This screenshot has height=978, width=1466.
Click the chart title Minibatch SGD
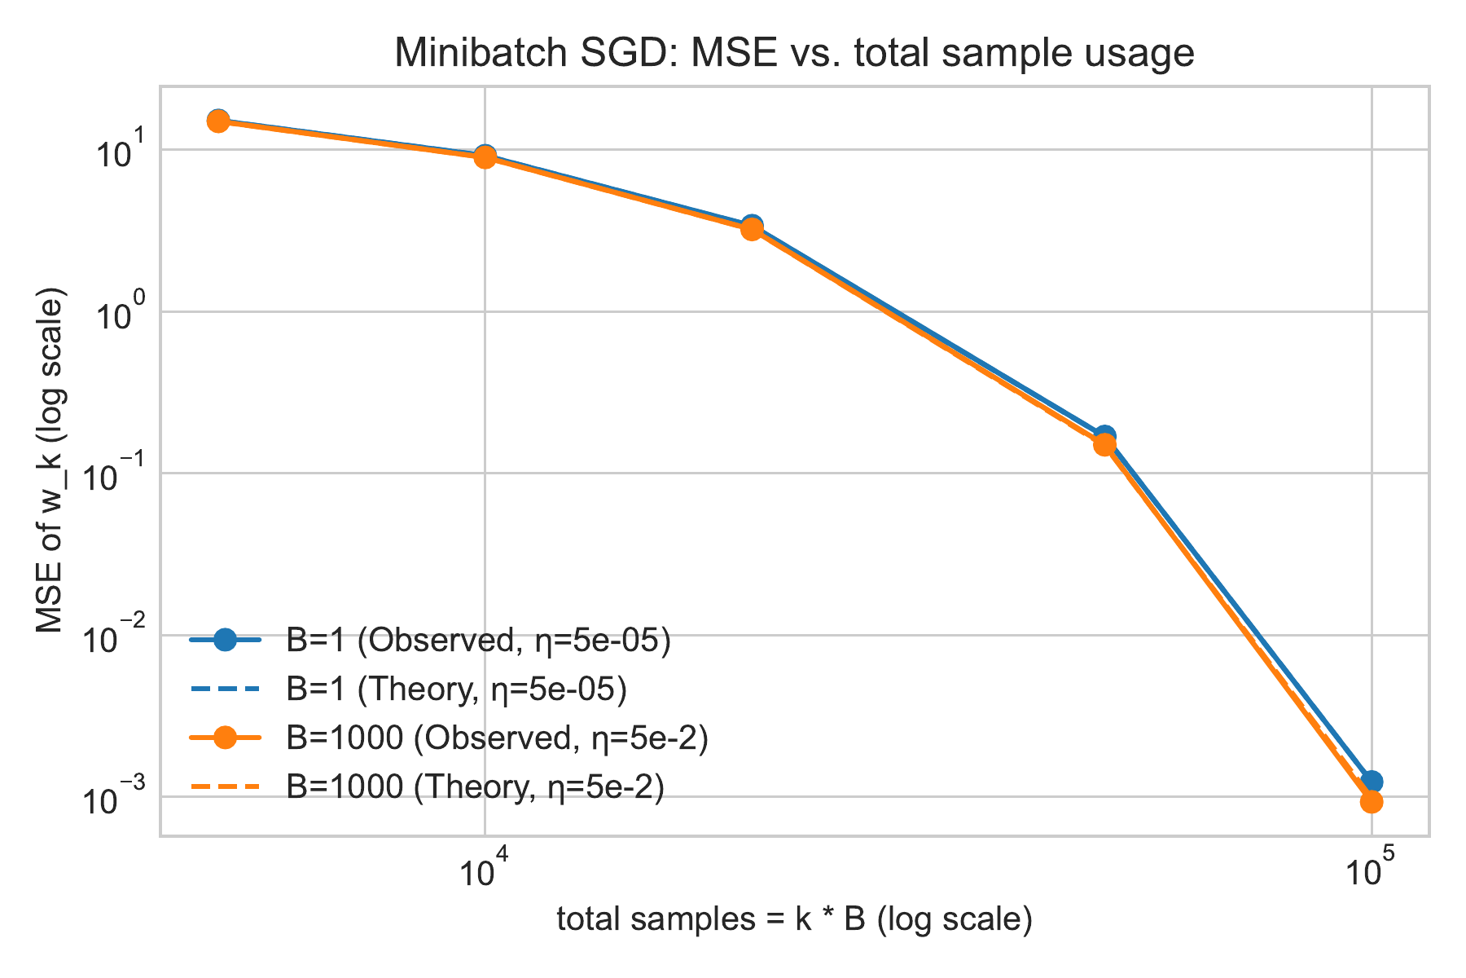(x=794, y=54)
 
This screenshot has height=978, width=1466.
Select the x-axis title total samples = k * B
(x=794, y=919)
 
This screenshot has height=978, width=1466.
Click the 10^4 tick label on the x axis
(x=484, y=869)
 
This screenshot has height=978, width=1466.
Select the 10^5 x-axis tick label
(x=1371, y=869)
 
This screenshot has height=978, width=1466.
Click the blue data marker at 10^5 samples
(x=1372, y=780)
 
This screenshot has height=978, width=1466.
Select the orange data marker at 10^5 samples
(x=1372, y=802)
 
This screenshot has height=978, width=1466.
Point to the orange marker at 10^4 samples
(x=485, y=156)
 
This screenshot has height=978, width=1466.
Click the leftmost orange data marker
(x=217, y=121)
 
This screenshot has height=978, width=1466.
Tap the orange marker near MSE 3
(x=752, y=230)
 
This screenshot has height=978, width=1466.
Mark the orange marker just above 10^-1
(x=1104, y=444)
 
